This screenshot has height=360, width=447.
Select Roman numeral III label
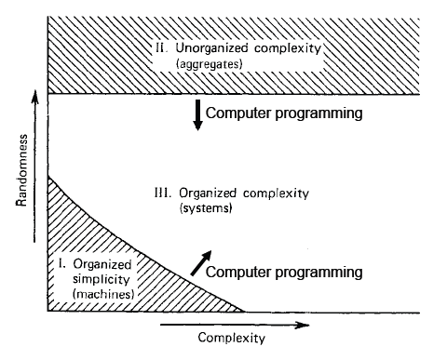tap(160, 193)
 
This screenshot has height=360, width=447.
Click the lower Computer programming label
tap(282, 272)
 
